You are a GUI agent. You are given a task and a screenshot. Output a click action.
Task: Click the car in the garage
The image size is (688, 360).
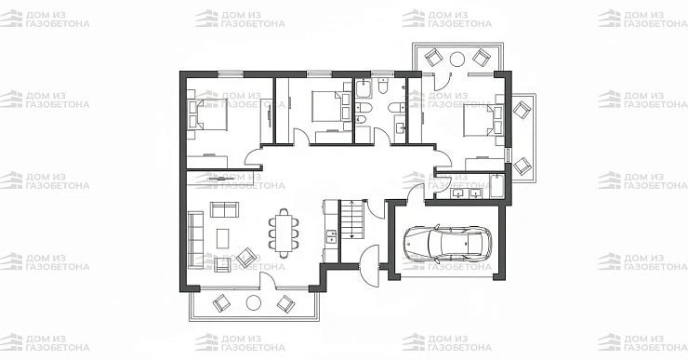coord(448,243)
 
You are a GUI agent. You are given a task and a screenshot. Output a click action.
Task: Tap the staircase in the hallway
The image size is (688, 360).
coord(352,220)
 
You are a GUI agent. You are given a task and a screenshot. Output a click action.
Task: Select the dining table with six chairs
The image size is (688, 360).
coord(284,233)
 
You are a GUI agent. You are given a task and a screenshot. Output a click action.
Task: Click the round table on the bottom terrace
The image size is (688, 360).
coord(254,302)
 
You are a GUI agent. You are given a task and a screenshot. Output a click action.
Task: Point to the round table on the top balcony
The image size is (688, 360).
coord(457,59)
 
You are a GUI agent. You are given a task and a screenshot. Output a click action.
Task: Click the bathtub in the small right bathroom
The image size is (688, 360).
coord(496,186)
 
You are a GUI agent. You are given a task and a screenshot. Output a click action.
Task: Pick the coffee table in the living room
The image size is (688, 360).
coord(223,238)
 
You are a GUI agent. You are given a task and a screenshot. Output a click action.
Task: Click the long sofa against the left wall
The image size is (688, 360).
coord(195,240)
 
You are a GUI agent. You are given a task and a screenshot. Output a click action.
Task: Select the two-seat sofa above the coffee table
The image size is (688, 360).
coord(224,209)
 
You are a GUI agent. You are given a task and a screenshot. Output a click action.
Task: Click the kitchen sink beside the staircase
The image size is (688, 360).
coord(330,236)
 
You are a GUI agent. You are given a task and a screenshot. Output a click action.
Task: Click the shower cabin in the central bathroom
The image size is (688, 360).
coord(364,88)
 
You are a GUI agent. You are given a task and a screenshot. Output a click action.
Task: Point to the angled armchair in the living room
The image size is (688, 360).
coord(246,258)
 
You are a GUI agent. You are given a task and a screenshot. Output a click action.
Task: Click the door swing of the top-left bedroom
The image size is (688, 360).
coord(253,157)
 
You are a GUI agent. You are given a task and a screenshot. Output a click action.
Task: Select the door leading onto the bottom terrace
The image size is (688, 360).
coord(268,281)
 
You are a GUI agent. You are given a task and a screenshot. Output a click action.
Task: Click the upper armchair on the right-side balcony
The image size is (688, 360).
coord(523,110)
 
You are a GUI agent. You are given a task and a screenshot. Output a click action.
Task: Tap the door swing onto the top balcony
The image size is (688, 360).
coord(443,82)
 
